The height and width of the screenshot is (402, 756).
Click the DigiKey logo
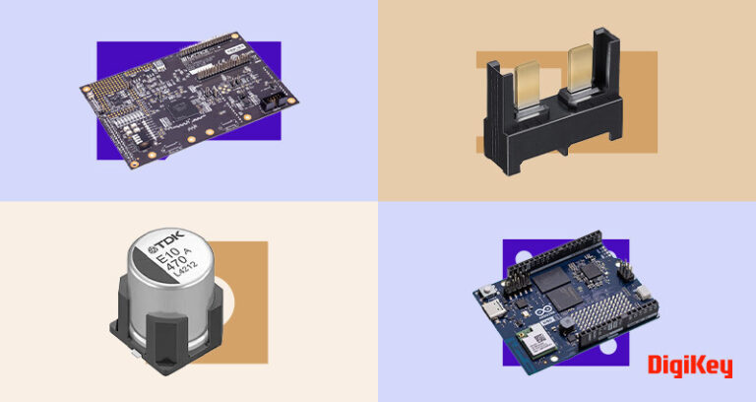point(690,367)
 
